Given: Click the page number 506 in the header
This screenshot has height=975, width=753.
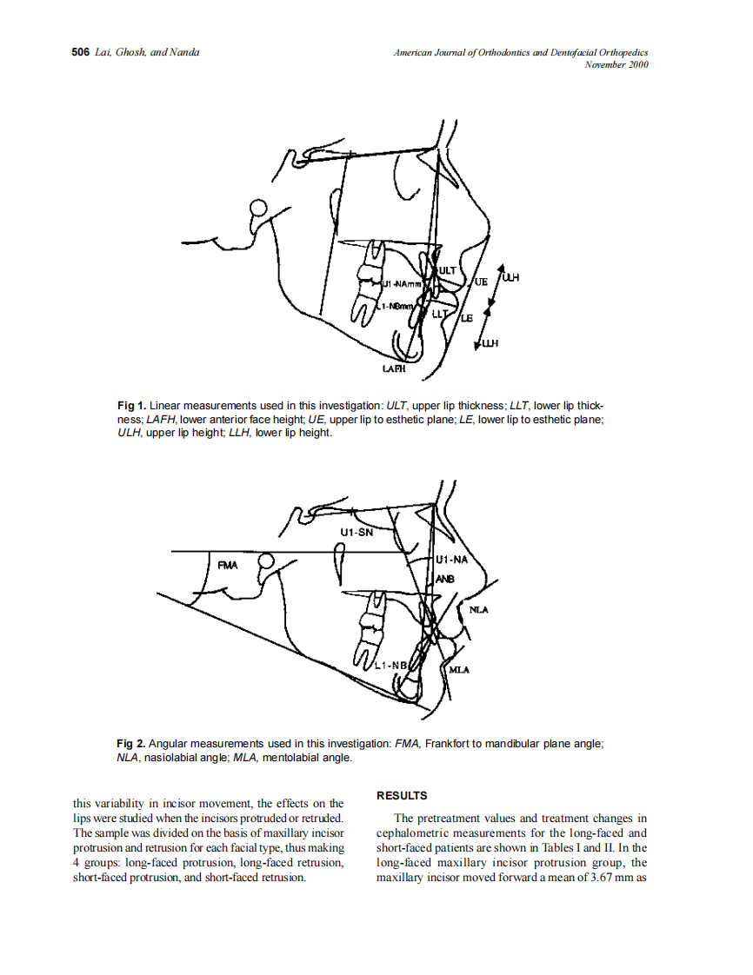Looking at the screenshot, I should click(80, 52).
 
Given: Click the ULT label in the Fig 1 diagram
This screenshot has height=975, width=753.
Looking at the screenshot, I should click(447, 271).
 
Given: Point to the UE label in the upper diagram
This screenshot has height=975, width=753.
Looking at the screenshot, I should click(481, 282).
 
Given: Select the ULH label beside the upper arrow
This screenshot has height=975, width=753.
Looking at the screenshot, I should click(510, 278).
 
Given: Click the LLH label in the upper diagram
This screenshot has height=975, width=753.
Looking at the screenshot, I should click(490, 344).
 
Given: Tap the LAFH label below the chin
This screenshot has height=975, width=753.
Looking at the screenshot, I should click(394, 369).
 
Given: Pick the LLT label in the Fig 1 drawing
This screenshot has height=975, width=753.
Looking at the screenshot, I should click(440, 313).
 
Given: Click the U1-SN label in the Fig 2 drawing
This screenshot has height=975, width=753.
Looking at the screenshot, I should click(356, 532).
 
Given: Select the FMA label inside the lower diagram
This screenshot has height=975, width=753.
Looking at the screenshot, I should click(228, 565).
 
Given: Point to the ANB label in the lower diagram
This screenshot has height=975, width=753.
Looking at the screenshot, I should click(444, 578).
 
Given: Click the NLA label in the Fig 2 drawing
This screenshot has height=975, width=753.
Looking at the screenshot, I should click(478, 610).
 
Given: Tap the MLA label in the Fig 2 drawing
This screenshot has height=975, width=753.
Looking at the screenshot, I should click(459, 670).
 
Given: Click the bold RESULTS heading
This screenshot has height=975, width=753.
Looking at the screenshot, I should click(402, 795).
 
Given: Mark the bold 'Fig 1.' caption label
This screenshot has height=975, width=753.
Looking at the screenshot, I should click(131, 406).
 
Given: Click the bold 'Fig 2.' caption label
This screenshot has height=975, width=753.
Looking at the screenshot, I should click(131, 744).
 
